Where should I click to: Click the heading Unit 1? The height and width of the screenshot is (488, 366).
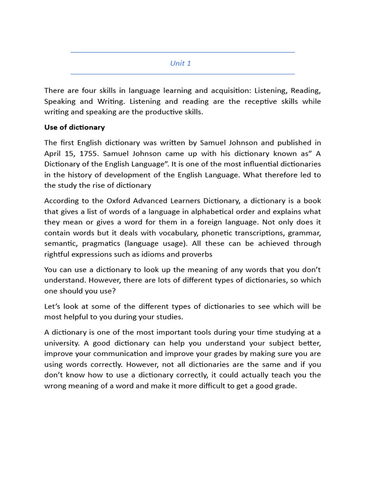(x=181, y=63)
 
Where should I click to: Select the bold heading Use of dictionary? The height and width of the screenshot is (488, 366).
(x=74, y=127)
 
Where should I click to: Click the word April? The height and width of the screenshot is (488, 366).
(x=53, y=153)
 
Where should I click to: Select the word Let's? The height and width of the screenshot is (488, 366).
(x=53, y=306)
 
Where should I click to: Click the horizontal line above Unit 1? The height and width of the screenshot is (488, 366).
(x=183, y=52)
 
